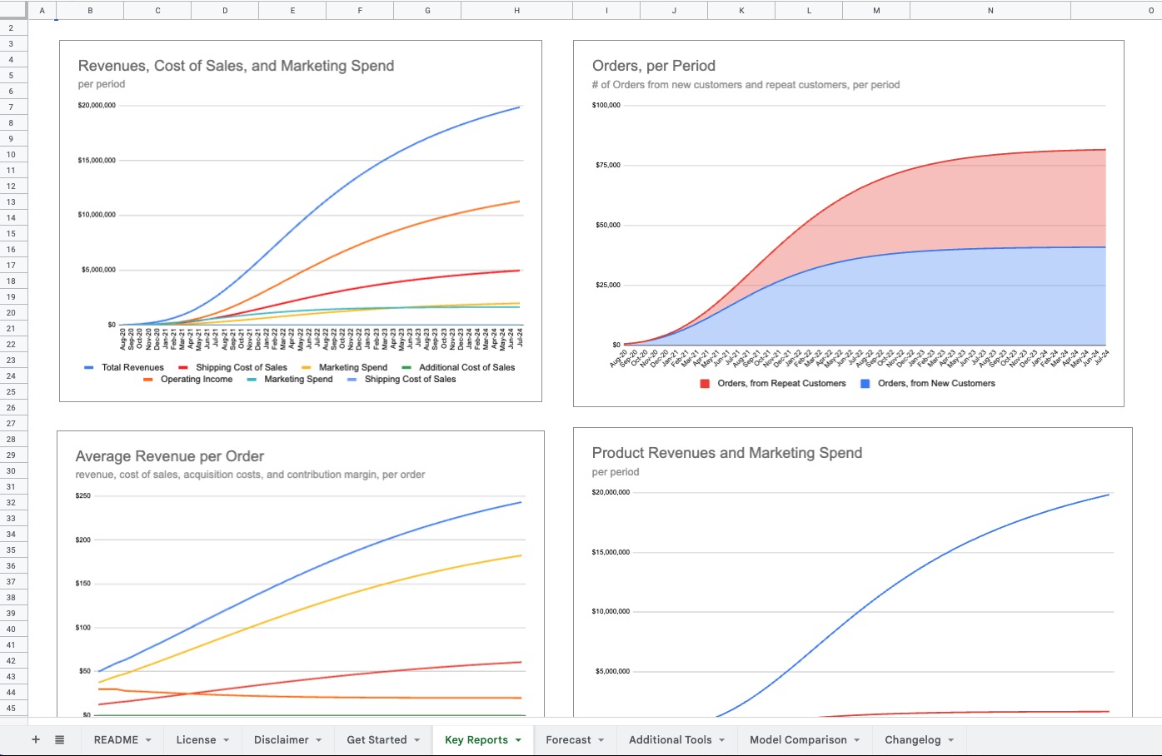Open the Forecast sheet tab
coord(568,739)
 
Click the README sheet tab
coord(116,739)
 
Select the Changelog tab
coord(912,739)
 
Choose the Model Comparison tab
coord(798,739)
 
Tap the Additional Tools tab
coord(670,739)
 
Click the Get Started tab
coord(377,739)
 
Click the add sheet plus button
coord(36,739)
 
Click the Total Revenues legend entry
coord(132,367)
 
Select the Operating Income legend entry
coord(196,379)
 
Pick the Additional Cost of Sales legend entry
coord(466,367)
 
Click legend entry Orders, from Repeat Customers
coord(780,383)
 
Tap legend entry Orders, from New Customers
coord(935,383)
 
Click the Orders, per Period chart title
coord(653,66)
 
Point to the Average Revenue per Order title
coord(169,456)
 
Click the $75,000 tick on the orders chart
coord(606,165)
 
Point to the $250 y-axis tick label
coord(82,495)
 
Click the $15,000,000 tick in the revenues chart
coord(97,160)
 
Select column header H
coord(516,10)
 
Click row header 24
coord(12,376)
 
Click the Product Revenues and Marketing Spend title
coord(726,453)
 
